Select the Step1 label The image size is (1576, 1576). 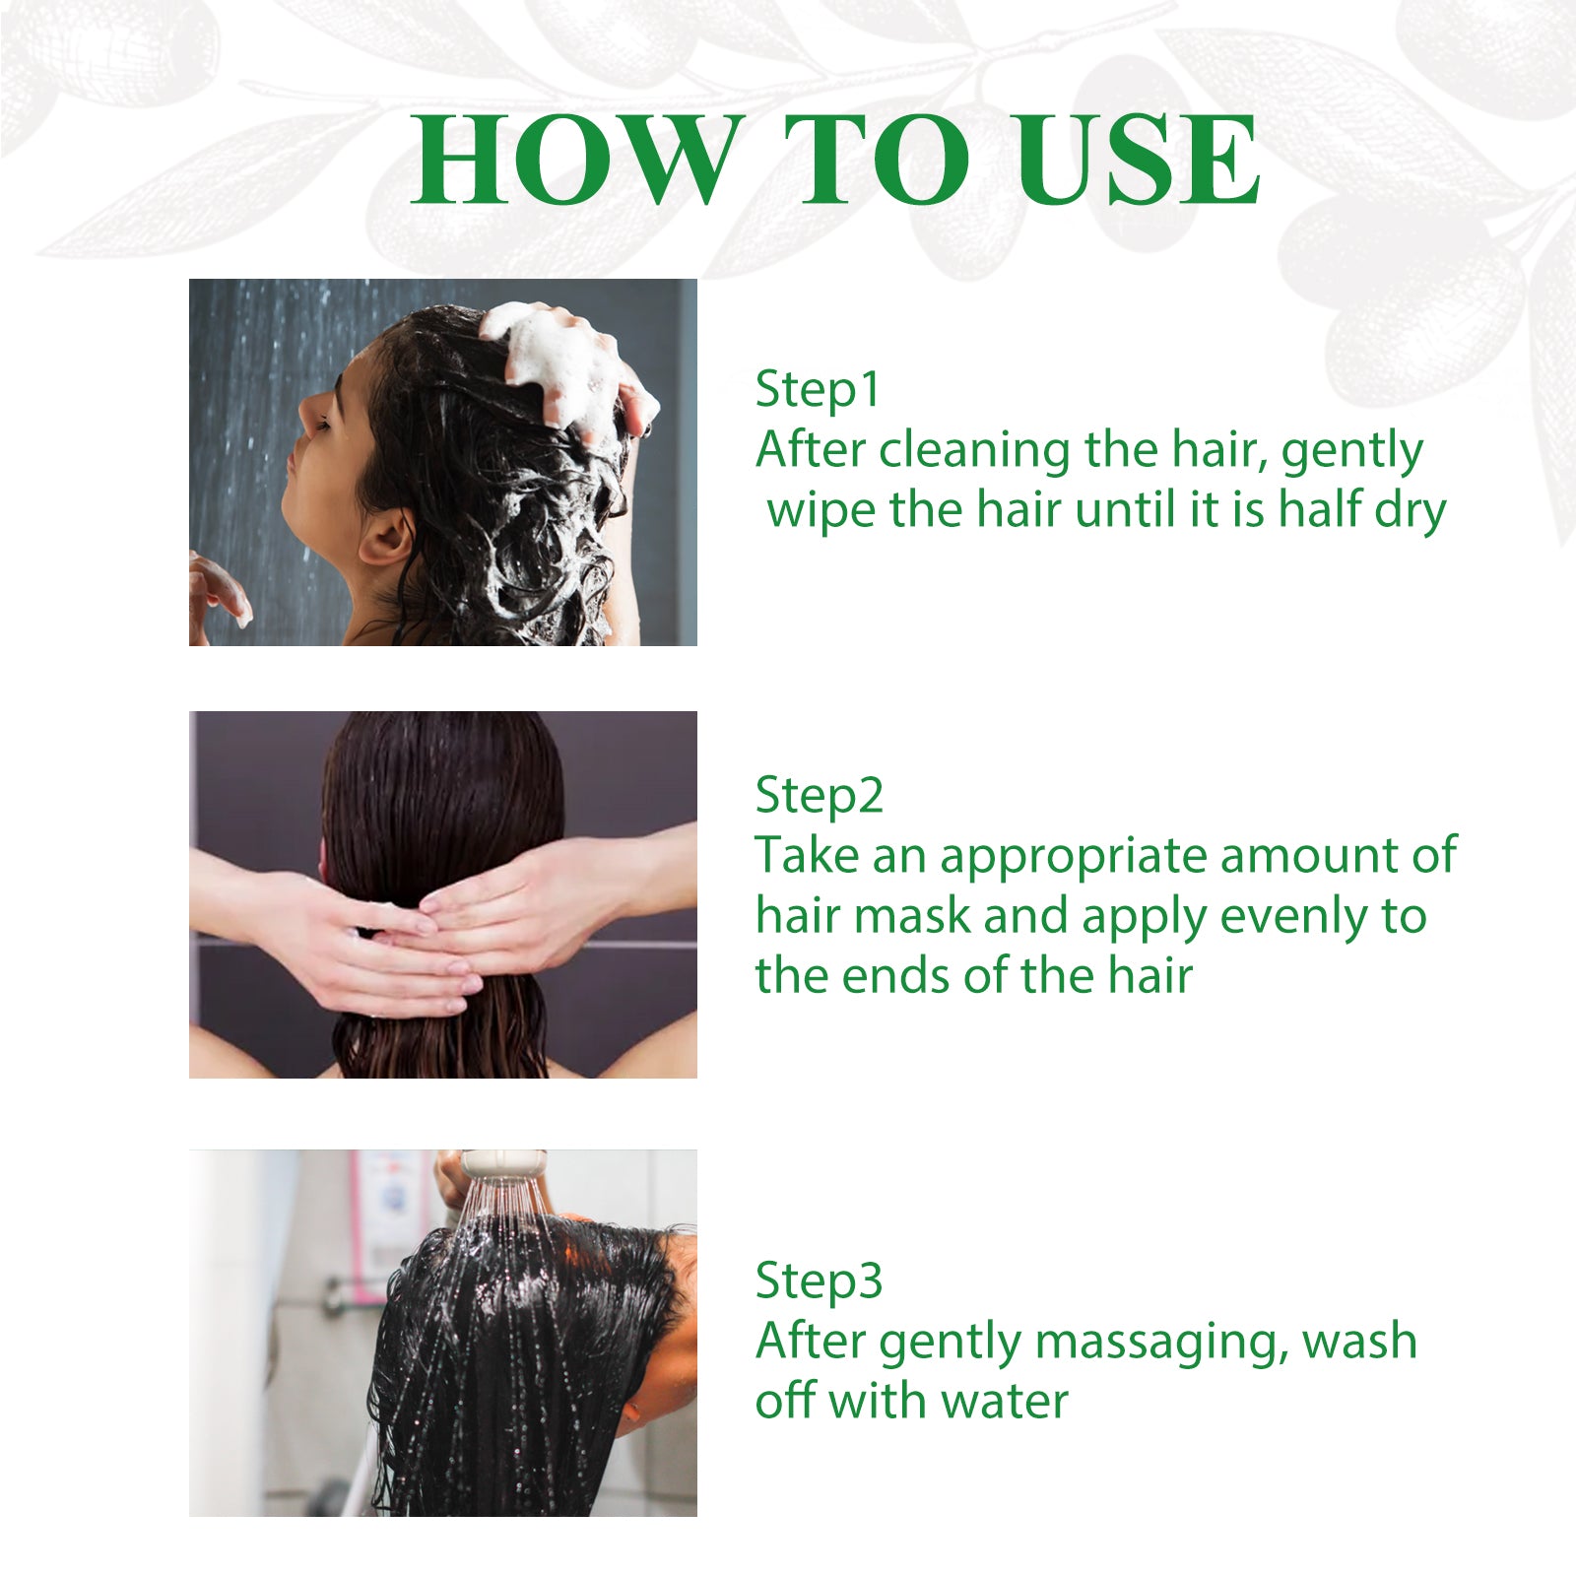pos(817,389)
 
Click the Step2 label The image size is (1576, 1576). pos(819,796)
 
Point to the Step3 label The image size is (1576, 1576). pos(819,1281)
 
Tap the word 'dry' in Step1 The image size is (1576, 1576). pos(1410,512)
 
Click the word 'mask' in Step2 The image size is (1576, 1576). pos(911,916)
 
